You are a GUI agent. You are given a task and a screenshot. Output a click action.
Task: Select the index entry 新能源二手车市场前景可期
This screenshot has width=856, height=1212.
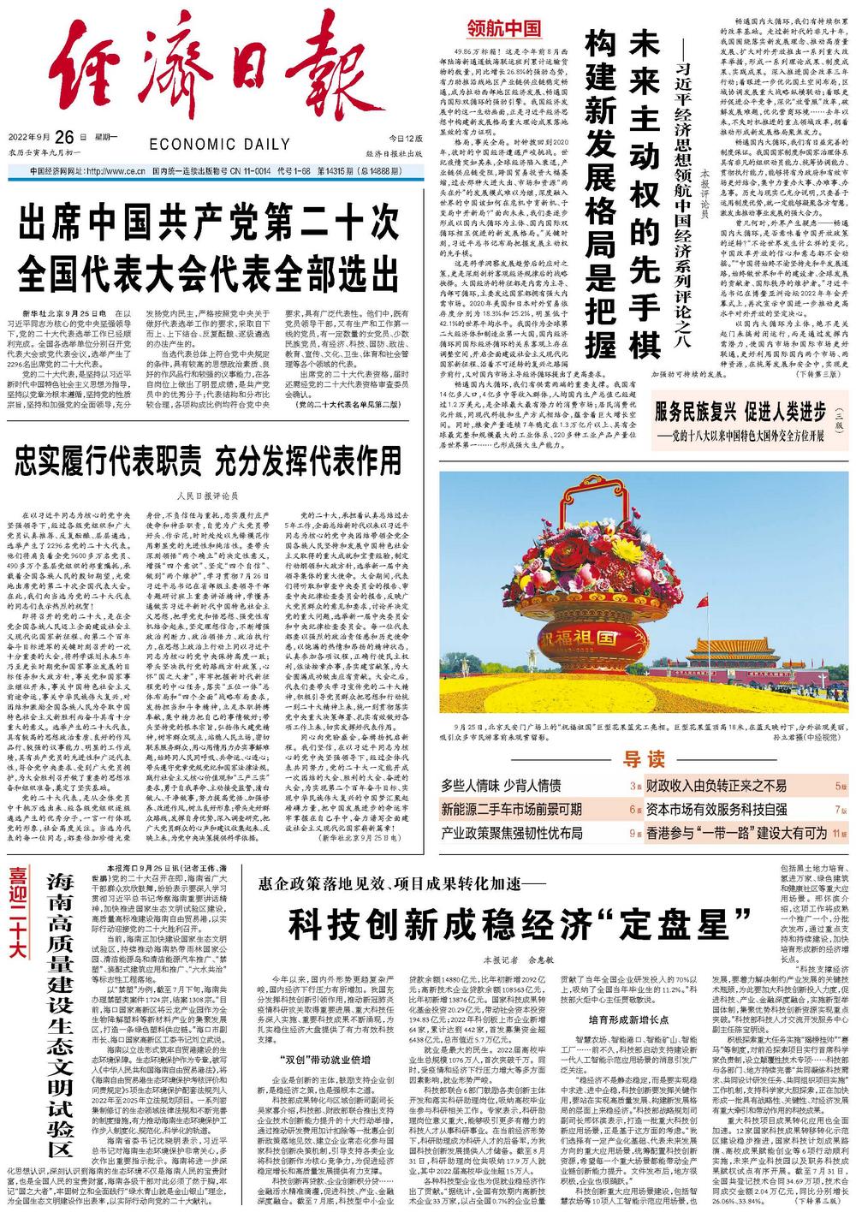pyautogui.click(x=512, y=809)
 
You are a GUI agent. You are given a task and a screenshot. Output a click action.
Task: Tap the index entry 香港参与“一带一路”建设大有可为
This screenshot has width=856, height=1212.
pyautogui.click(x=735, y=832)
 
